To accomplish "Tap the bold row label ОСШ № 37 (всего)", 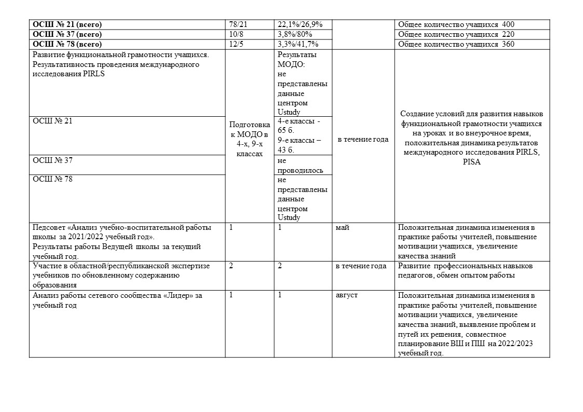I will (x=67, y=34).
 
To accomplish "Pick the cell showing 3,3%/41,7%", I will (x=298, y=44).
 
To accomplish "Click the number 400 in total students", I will (x=508, y=24).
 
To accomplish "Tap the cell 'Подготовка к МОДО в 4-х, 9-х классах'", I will (x=250, y=139).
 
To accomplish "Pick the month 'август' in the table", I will (x=347, y=295).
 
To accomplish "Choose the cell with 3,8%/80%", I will (x=295, y=34).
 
